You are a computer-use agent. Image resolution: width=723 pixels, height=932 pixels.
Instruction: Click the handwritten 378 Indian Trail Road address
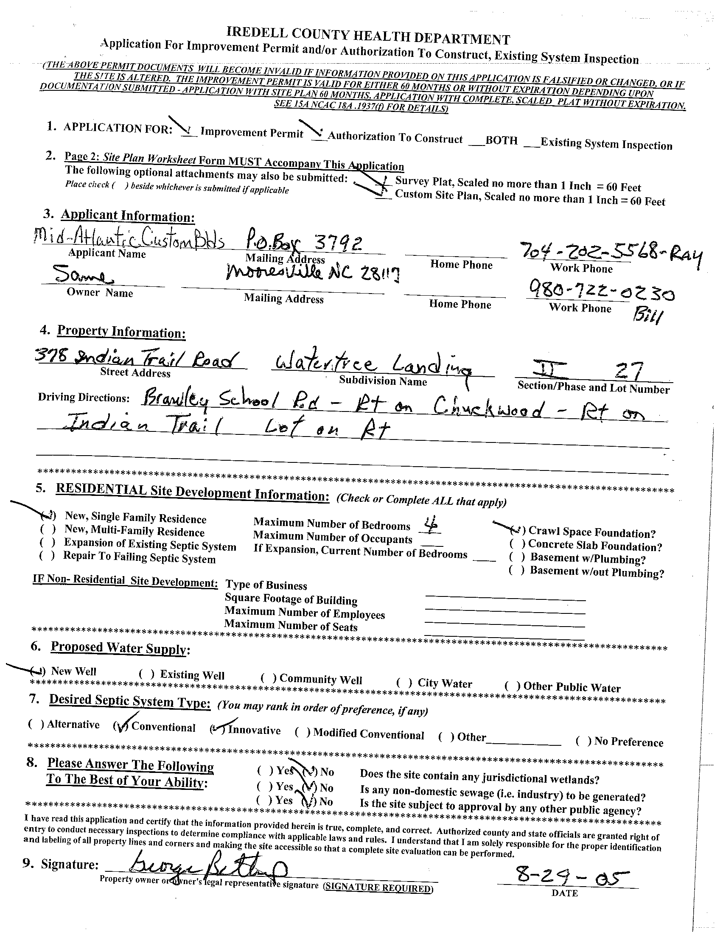(x=135, y=358)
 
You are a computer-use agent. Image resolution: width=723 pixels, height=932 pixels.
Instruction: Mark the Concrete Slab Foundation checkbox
(x=517, y=544)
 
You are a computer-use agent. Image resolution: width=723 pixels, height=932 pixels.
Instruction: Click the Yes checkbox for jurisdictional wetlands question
(x=265, y=770)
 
